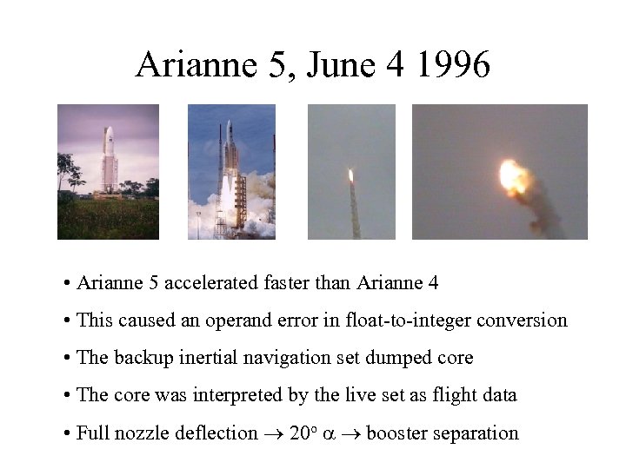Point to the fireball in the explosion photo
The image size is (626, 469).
tap(515, 177)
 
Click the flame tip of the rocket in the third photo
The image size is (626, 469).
tap(350, 175)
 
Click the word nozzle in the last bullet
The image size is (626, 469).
tap(139, 433)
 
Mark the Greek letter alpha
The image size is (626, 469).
tap(330, 433)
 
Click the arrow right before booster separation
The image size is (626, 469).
tap(352, 433)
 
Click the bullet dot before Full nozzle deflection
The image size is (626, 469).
tap(67, 433)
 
